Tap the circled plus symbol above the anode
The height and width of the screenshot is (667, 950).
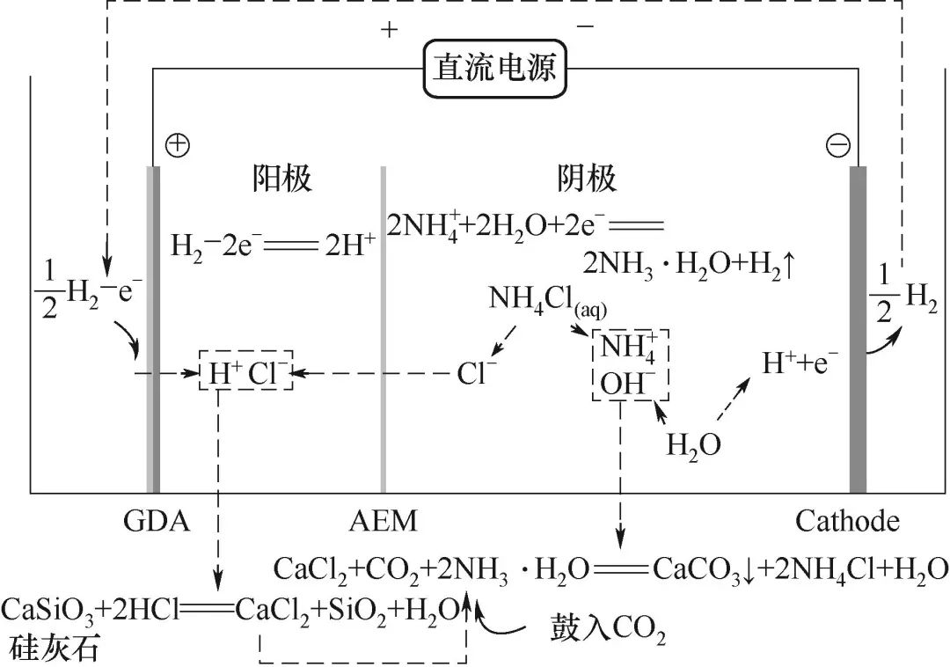click(178, 145)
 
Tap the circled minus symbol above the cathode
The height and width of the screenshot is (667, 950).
click(837, 145)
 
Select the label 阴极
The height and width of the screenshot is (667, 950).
click(587, 180)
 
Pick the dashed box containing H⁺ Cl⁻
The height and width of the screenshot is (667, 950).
click(245, 374)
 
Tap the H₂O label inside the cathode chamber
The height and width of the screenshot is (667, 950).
click(693, 444)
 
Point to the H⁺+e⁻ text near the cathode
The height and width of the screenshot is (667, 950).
click(800, 362)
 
